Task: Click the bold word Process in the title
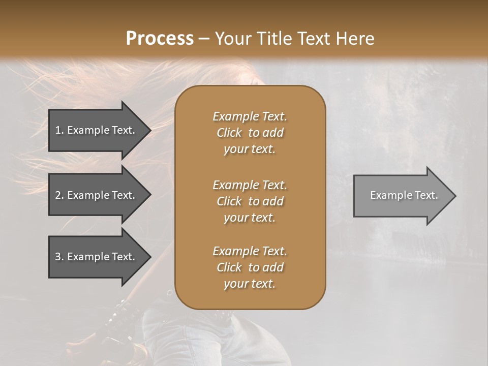pos(160,39)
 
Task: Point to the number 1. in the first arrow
pos(59,130)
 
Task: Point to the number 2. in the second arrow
pos(59,195)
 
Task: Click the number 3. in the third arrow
pos(59,257)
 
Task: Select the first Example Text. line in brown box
pos(250,116)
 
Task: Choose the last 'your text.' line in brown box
pos(250,284)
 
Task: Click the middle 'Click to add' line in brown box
pos(250,201)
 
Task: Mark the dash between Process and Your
pos(204,39)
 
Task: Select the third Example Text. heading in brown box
pos(250,251)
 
